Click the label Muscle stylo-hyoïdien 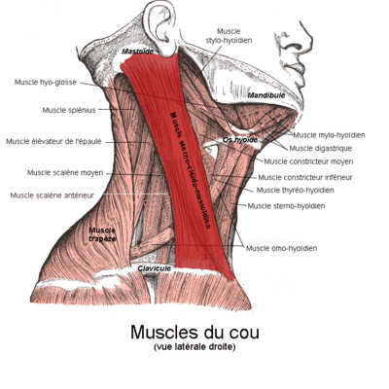229,36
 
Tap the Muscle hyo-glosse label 46,83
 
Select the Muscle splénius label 69,110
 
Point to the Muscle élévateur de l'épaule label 53,142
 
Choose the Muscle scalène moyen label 65,173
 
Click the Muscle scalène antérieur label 53,195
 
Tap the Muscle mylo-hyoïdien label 329,135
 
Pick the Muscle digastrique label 321,149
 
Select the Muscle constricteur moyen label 308,161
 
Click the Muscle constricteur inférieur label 305,177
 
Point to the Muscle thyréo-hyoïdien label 296,190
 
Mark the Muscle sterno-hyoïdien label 286,206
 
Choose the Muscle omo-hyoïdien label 282,248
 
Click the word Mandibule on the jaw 266,95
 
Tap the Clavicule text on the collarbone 155,268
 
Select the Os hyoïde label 240,140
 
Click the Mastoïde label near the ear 137,52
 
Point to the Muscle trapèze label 102,234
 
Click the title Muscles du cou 194,332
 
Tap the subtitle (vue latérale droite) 194,347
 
